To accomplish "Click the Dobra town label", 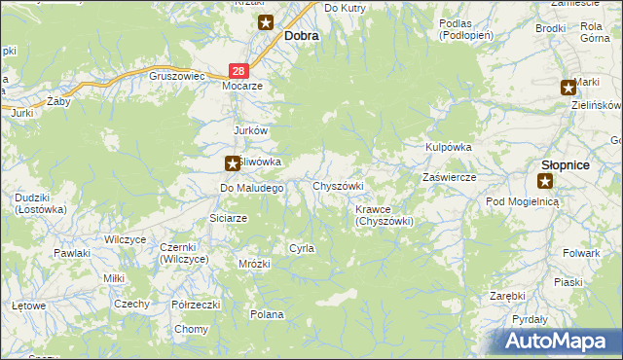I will tap(302, 35).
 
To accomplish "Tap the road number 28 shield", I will tap(239, 71).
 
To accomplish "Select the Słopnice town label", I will tap(565, 164).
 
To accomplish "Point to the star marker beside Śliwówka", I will tap(232, 164).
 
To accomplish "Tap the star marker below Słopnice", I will tap(545, 181).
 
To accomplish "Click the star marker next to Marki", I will tap(568, 88).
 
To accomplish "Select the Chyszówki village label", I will tap(337, 185).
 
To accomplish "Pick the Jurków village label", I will tap(250, 130).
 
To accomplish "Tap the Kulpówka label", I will tap(448, 146).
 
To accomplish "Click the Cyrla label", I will tap(301, 248).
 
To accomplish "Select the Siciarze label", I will tap(229, 218).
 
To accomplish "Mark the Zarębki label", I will tap(507, 295).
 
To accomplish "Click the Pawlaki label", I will tap(72, 253).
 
